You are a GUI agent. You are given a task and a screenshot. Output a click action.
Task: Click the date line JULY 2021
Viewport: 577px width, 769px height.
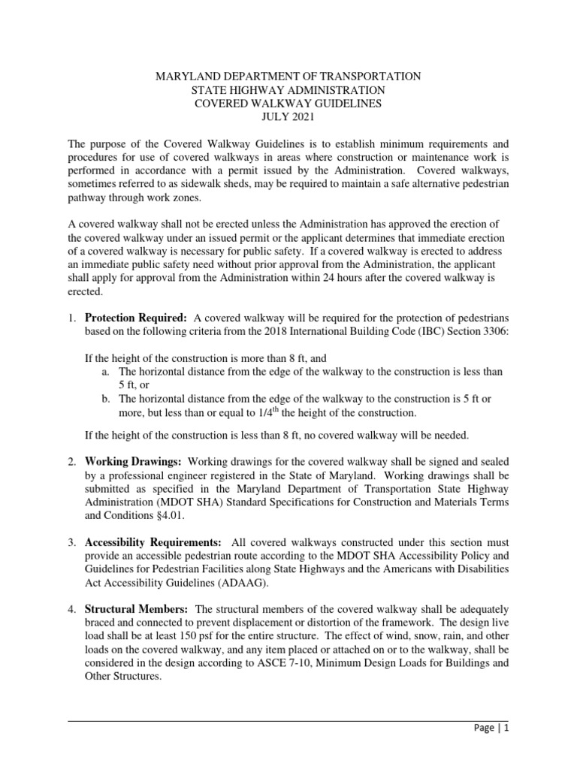pos(288,117)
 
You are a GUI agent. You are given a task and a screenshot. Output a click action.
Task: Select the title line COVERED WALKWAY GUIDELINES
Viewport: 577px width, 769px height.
pos(288,104)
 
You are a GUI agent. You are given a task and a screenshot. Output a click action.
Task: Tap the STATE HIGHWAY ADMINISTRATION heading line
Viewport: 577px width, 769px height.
pos(288,90)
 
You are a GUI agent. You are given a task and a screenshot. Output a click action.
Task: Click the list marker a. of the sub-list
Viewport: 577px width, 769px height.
pos(105,372)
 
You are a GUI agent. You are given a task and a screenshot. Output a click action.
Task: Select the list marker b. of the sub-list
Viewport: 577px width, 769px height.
pos(105,399)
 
